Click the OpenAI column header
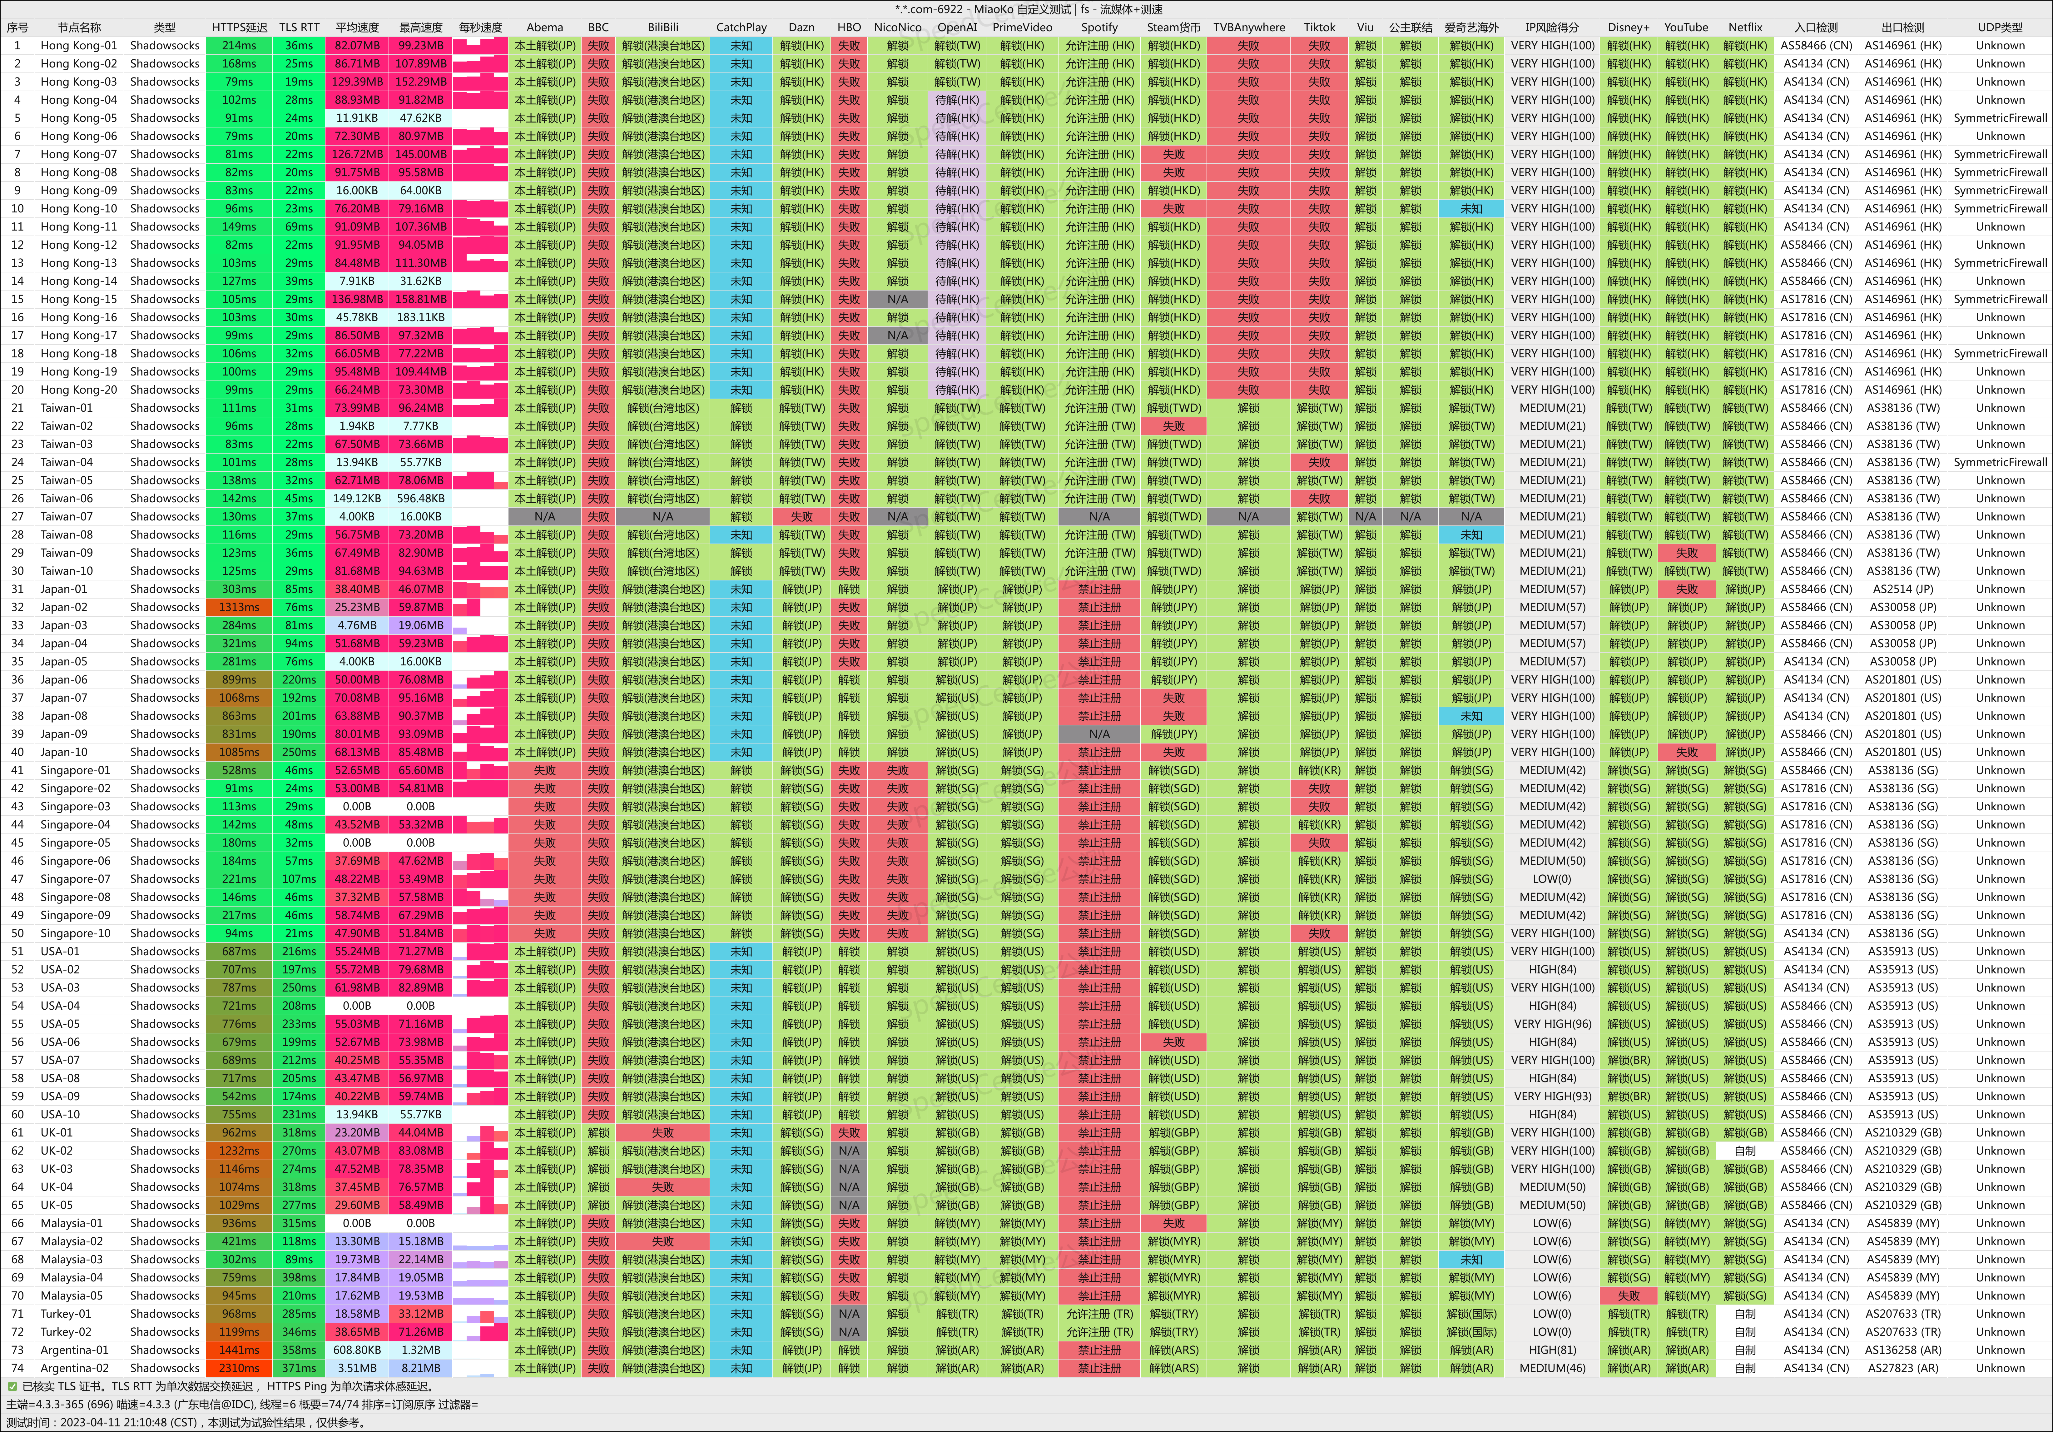tap(957, 27)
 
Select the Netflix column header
tap(1744, 27)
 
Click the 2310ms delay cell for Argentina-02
tap(239, 1368)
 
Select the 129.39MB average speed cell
tap(357, 82)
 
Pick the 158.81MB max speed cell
tap(420, 299)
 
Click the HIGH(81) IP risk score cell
tap(1552, 1350)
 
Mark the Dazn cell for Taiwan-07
tap(801, 516)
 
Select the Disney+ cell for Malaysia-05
tap(1628, 1295)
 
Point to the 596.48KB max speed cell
tap(420, 498)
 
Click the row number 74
tap(17, 1368)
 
